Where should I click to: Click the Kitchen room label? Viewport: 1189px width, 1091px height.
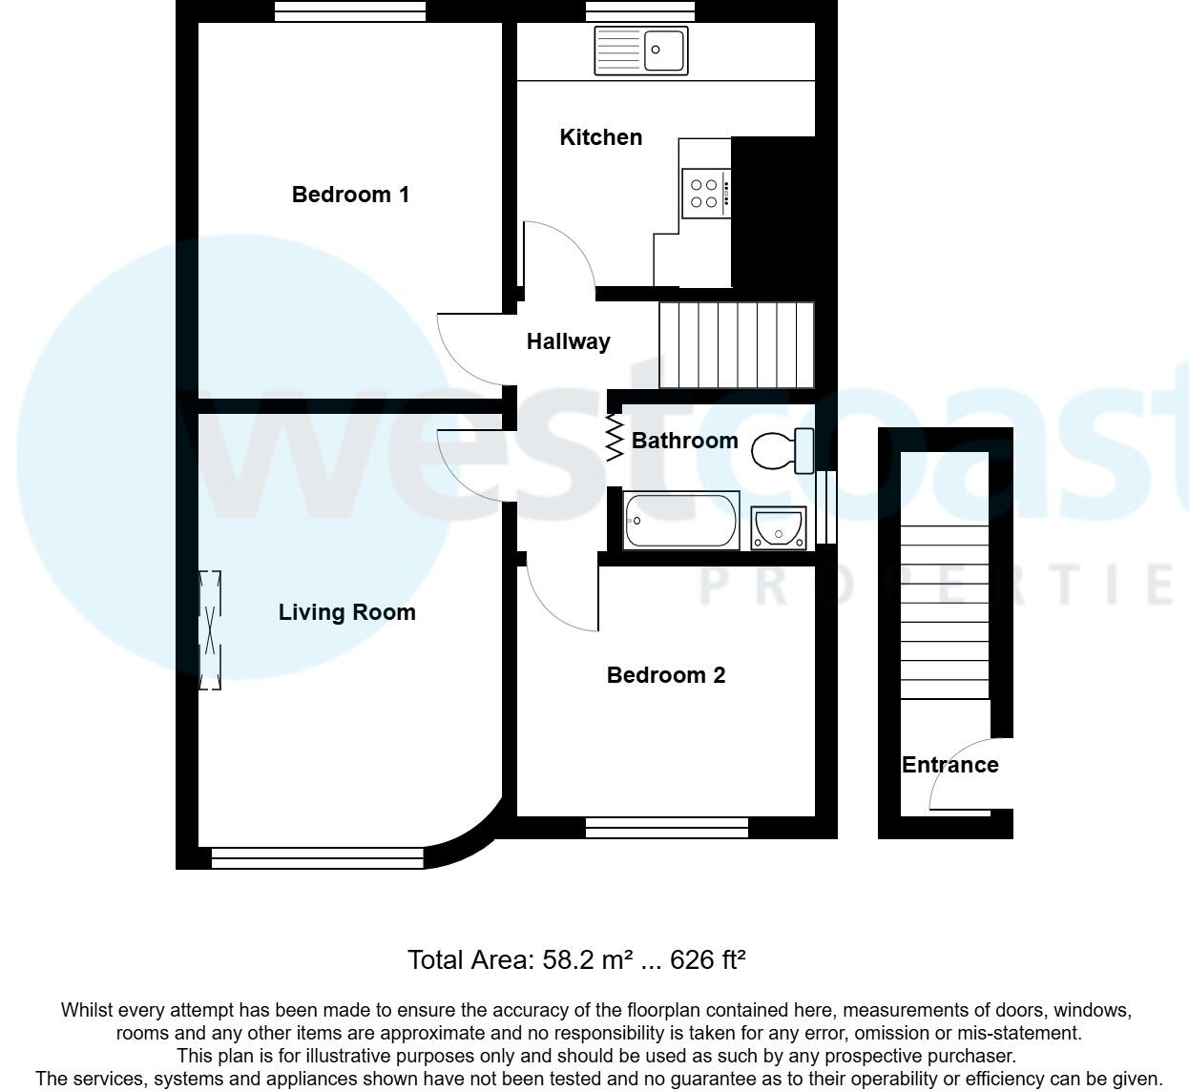(600, 137)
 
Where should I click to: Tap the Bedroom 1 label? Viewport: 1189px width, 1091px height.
(350, 195)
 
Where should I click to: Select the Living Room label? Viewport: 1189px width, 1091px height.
(346, 612)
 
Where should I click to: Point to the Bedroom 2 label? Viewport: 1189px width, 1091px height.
(666, 675)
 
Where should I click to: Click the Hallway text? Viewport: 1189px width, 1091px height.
(568, 341)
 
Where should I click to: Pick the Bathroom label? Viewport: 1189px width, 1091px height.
(684, 441)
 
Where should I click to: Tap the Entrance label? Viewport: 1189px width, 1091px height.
(949, 765)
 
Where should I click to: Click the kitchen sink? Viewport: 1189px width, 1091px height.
(640, 51)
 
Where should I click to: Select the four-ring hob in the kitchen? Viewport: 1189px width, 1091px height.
(706, 194)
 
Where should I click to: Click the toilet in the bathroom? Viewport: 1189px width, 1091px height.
(782, 450)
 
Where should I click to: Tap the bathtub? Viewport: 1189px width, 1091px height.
(681, 521)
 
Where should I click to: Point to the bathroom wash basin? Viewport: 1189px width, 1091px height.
(778, 527)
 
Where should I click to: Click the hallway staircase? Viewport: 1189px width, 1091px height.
(737, 345)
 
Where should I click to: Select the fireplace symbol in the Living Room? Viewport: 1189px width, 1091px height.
(210, 629)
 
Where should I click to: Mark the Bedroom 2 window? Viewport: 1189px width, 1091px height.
(666, 828)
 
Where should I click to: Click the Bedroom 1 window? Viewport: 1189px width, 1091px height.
(350, 10)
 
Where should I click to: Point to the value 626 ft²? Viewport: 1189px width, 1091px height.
(707, 959)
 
